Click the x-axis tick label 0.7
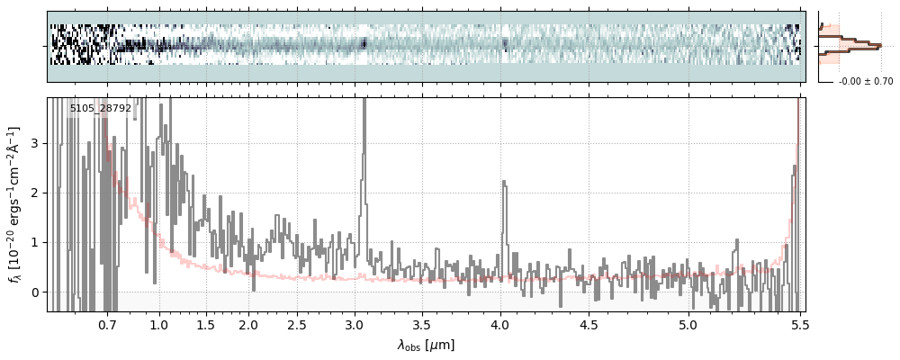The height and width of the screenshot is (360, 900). click(x=107, y=324)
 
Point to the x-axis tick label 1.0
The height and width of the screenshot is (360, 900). click(x=159, y=324)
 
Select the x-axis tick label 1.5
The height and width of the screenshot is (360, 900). click(x=205, y=324)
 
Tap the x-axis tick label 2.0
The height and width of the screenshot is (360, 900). click(x=248, y=324)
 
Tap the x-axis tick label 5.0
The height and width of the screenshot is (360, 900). click(x=688, y=324)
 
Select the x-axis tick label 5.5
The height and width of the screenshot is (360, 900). click(x=797, y=324)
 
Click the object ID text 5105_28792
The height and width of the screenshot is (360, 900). click(x=101, y=109)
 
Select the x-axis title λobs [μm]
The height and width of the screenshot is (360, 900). click(x=426, y=345)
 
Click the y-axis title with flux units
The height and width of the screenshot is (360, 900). click(x=14, y=204)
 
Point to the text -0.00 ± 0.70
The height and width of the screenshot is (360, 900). click(x=865, y=82)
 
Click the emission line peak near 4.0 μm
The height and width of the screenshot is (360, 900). click(x=504, y=183)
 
